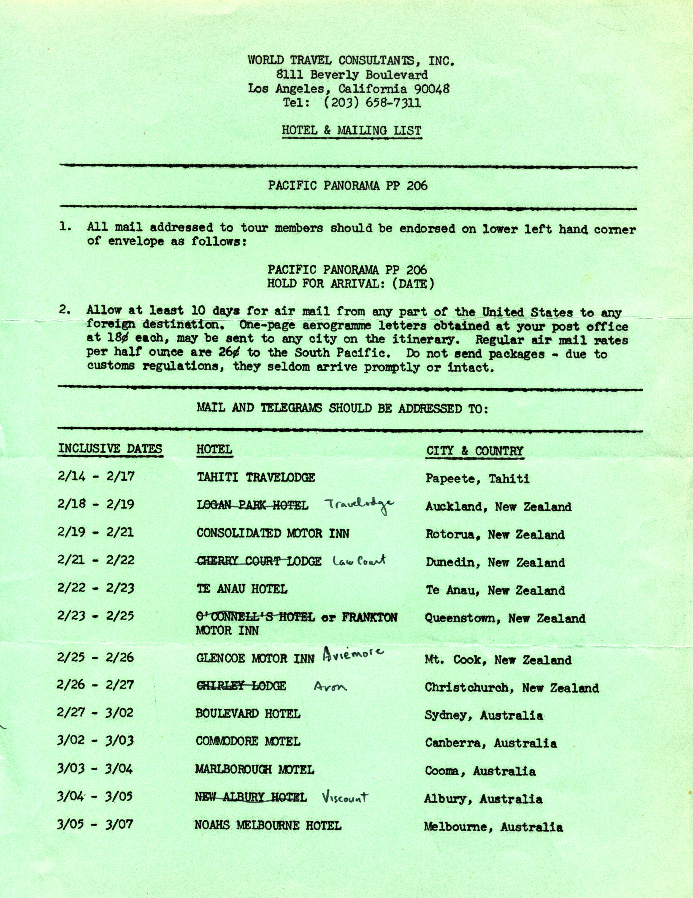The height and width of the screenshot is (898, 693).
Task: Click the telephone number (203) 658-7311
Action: point(372,102)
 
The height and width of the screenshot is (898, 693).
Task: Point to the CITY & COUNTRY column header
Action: point(475,451)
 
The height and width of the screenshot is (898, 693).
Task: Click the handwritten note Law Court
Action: point(359,560)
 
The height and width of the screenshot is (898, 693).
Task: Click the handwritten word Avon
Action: point(330,686)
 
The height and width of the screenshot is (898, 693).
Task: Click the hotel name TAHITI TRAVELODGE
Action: point(256,477)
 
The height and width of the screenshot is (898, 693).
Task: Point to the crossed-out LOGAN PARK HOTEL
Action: point(252,505)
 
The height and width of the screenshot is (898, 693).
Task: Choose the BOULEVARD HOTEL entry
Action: point(248,714)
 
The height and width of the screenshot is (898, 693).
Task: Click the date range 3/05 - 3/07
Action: point(95,824)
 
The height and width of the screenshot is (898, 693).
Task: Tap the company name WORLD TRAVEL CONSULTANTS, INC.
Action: point(351,61)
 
